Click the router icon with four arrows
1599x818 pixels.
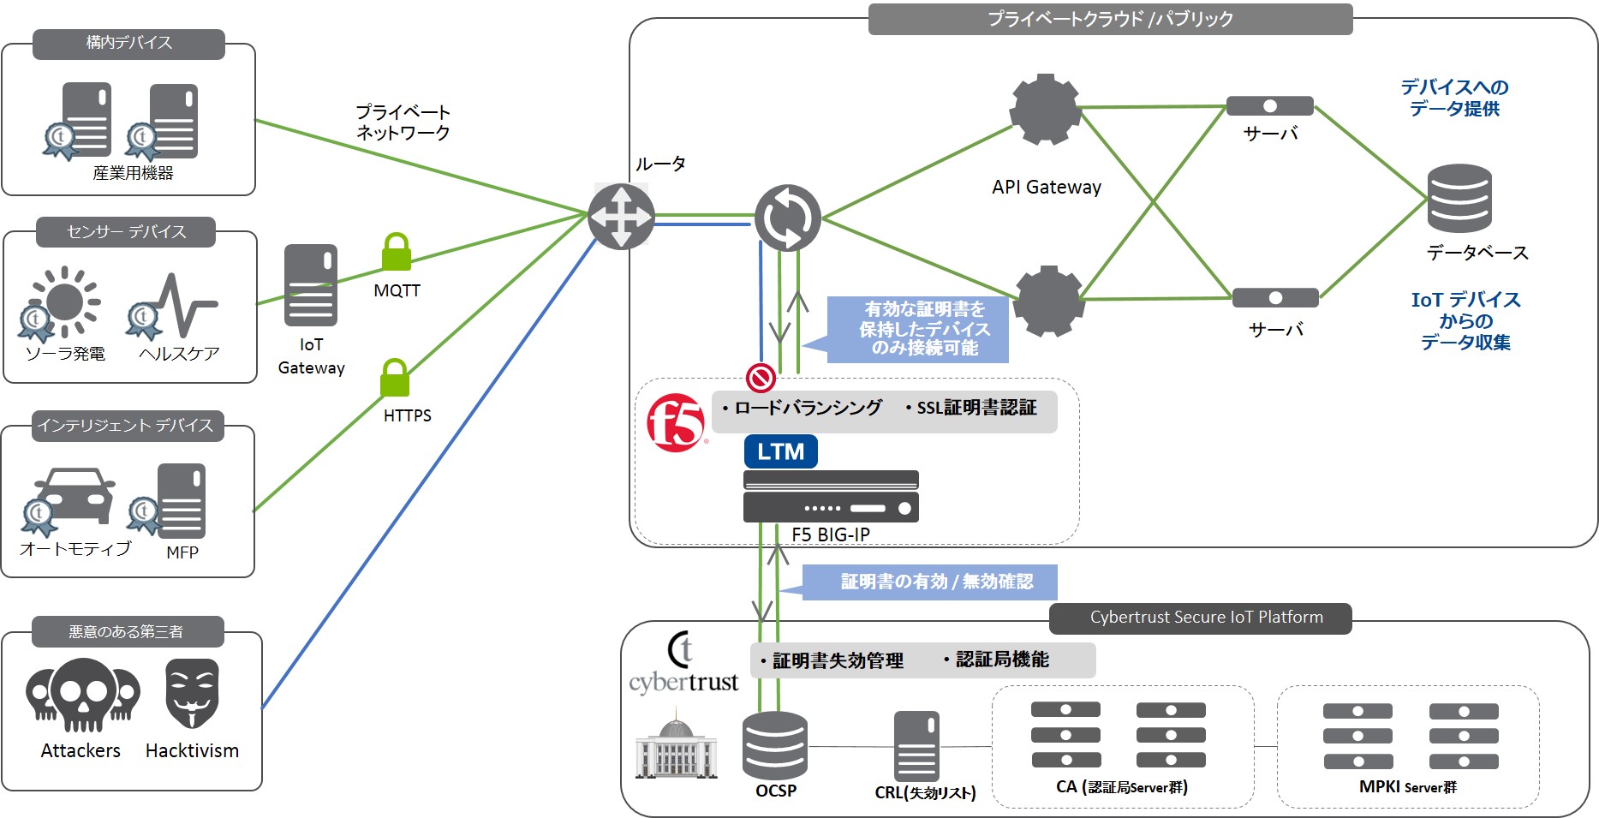[x=621, y=217]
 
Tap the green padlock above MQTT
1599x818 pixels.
[x=396, y=252]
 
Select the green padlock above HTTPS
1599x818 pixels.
[x=394, y=378]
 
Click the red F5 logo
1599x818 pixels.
[x=675, y=422]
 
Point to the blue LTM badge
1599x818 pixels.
[x=780, y=451]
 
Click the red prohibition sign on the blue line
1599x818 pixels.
[x=761, y=377]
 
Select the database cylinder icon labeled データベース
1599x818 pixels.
[x=1459, y=199]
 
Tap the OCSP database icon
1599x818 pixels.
[x=774, y=745]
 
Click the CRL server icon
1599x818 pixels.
[x=916, y=746]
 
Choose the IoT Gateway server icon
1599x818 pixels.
[x=310, y=285]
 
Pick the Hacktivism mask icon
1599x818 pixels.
[x=192, y=694]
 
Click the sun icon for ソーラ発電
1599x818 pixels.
[x=65, y=302]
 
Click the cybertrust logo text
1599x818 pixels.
[x=683, y=682]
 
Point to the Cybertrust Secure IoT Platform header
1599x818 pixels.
[x=1206, y=618]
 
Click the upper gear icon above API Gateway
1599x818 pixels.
[x=1045, y=110]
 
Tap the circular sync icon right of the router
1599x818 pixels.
[x=787, y=218]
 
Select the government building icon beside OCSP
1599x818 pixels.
[x=676, y=748]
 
